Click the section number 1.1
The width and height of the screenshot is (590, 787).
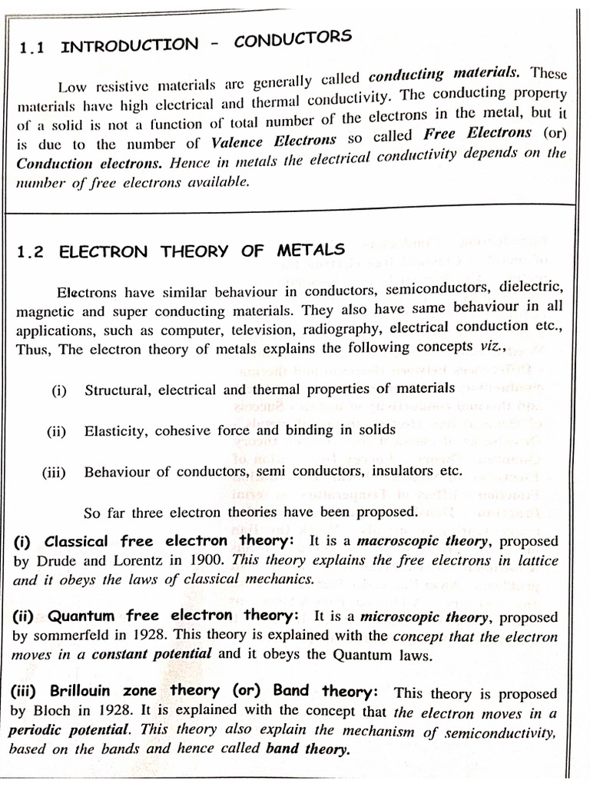pyautogui.click(x=33, y=48)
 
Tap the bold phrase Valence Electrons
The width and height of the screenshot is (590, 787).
pyautogui.click(x=273, y=140)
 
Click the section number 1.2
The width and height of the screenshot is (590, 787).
pyautogui.click(x=30, y=252)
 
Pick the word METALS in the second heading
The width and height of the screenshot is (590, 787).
pyautogui.click(x=311, y=251)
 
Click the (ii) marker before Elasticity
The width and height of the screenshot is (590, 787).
pyautogui.click(x=57, y=431)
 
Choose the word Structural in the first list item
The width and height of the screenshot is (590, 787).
pyautogui.click(x=118, y=390)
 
